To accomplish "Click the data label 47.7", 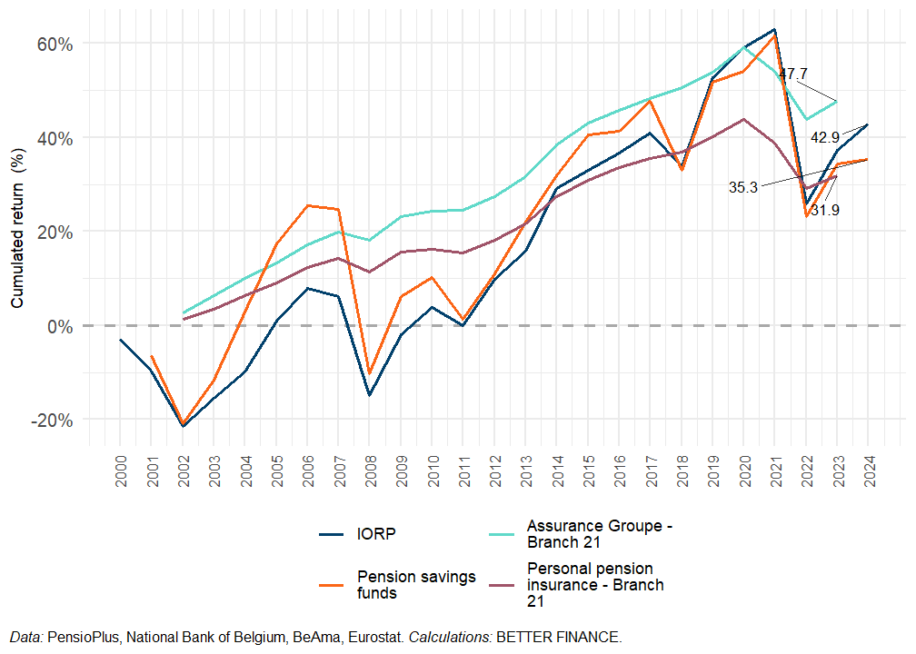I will pos(793,74).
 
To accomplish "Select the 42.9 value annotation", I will pos(825,138).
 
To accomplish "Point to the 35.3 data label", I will pos(742,187).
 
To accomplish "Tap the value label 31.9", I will pos(825,211).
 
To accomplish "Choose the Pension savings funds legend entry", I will pos(415,585).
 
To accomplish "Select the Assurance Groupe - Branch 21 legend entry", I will pos(600,533).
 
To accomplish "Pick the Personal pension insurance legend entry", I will pos(595,585).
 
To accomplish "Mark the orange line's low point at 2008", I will pos(370,373).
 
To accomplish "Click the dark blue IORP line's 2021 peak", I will pos(774,29).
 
